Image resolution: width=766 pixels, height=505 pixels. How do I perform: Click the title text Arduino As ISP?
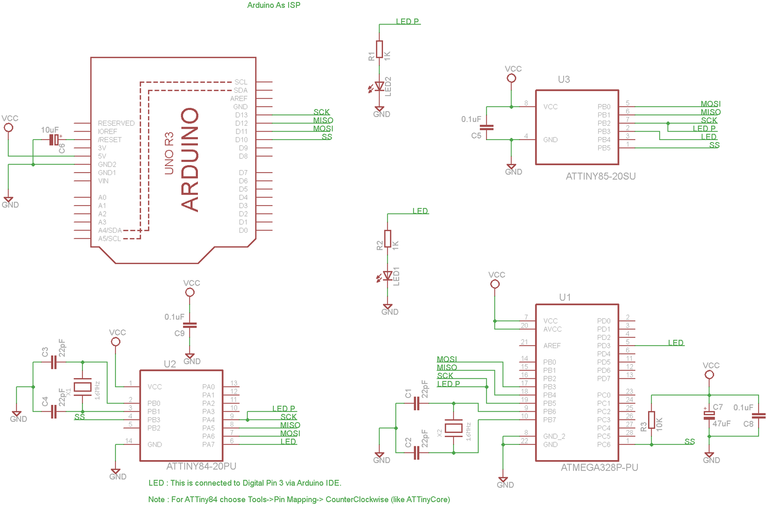point(273,5)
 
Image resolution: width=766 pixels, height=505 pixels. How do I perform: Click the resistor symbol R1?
point(379,49)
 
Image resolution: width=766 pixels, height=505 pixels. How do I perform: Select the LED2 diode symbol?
point(379,87)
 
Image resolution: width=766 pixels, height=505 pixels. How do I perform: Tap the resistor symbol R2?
point(387,239)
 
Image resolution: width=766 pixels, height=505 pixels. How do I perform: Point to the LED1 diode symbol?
point(387,276)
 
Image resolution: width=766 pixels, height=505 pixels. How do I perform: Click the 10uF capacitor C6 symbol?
point(54,140)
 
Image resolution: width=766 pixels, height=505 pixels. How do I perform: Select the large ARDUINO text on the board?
point(190,160)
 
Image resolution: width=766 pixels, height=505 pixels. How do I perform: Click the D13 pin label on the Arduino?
point(241,115)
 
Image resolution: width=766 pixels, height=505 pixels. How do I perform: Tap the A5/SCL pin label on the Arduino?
point(109,239)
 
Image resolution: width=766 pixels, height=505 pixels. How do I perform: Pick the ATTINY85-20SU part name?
point(600,176)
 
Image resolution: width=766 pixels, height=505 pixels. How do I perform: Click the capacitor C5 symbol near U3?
point(487,127)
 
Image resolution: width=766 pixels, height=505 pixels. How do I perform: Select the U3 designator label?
point(564,79)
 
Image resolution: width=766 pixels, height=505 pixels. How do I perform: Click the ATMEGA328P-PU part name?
point(599,468)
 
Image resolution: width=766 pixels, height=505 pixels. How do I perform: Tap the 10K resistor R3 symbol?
point(651,420)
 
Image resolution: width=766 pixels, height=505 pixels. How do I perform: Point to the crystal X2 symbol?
point(454,428)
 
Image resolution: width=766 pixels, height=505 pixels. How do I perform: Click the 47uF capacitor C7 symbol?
point(709,415)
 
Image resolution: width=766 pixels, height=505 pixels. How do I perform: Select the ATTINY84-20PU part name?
point(201,466)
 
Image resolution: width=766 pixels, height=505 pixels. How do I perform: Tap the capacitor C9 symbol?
point(190,325)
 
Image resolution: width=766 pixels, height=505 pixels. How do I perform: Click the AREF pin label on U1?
point(552,346)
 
